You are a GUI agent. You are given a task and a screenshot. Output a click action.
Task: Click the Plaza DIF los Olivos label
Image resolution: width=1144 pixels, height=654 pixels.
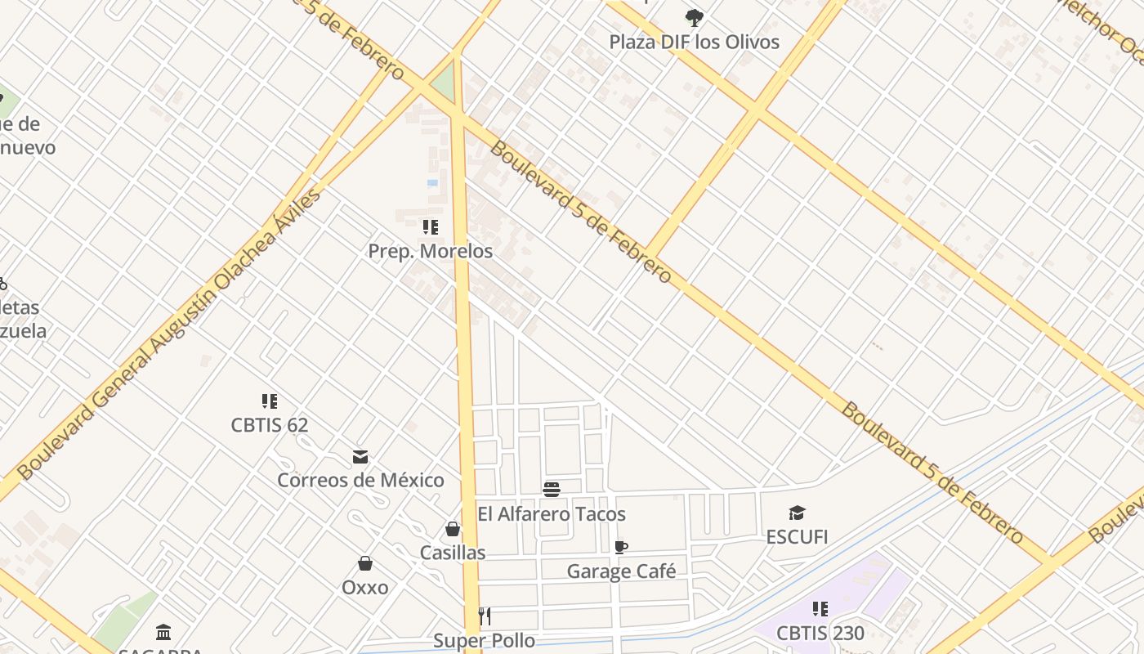pos(694,42)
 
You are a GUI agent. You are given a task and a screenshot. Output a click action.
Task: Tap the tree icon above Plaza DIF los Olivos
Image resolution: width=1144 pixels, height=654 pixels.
pos(694,17)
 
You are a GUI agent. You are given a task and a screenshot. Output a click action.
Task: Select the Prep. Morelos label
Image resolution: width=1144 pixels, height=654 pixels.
pos(430,251)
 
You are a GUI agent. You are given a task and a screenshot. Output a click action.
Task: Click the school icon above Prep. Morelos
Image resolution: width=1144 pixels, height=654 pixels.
pos(430,227)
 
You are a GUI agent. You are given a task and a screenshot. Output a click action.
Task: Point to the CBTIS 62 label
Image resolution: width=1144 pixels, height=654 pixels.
pos(270,425)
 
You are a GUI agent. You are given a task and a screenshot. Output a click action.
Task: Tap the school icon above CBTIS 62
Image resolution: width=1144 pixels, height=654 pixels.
pos(270,401)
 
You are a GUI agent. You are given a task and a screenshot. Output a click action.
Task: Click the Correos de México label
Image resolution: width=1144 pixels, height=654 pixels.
pos(360,480)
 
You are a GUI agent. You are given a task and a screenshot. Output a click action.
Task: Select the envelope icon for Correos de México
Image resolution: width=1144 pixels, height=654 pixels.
pos(360,456)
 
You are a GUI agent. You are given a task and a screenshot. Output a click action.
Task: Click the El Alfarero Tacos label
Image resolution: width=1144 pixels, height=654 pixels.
pos(552,514)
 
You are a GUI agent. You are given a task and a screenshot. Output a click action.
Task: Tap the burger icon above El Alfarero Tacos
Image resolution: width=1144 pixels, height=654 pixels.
pos(552,490)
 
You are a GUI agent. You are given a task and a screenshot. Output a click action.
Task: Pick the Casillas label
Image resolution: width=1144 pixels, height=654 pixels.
pos(453,553)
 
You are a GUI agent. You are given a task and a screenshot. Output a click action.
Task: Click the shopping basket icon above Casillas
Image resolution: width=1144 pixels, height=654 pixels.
pos(453,530)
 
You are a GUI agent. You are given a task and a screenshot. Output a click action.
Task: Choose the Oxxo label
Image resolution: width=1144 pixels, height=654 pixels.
pos(365,587)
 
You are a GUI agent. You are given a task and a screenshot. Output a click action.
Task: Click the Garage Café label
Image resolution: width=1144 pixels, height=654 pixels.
pos(621,571)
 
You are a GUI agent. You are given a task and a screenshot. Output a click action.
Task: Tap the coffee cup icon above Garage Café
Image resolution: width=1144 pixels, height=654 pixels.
pos(621,547)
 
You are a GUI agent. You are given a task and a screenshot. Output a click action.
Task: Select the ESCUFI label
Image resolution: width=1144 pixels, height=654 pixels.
pos(797,537)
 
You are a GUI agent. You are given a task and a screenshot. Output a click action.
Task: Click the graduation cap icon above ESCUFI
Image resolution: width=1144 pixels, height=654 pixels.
pos(797,513)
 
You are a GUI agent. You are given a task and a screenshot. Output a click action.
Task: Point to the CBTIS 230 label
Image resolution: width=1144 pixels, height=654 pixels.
pos(820,633)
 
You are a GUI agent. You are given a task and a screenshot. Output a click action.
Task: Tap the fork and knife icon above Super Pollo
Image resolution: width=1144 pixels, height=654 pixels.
pos(485,616)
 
